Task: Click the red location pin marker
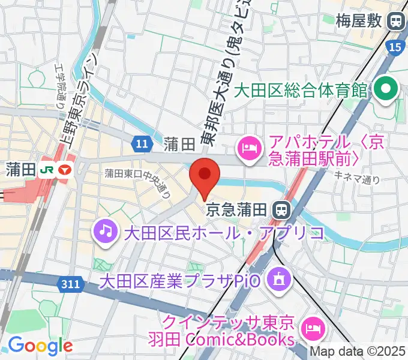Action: click(x=205, y=175)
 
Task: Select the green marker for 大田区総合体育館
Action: click(x=385, y=91)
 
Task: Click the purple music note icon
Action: click(x=106, y=232)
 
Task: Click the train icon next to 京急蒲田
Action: click(x=280, y=209)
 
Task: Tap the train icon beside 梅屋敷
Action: click(x=395, y=22)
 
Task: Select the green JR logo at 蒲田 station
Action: click(x=45, y=170)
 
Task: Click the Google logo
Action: click(x=40, y=346)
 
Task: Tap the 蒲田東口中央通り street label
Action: click(x=139, y=183)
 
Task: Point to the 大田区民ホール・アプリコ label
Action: click(x=223, y=232)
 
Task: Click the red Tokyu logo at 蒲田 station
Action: click(x=64, y=170)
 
